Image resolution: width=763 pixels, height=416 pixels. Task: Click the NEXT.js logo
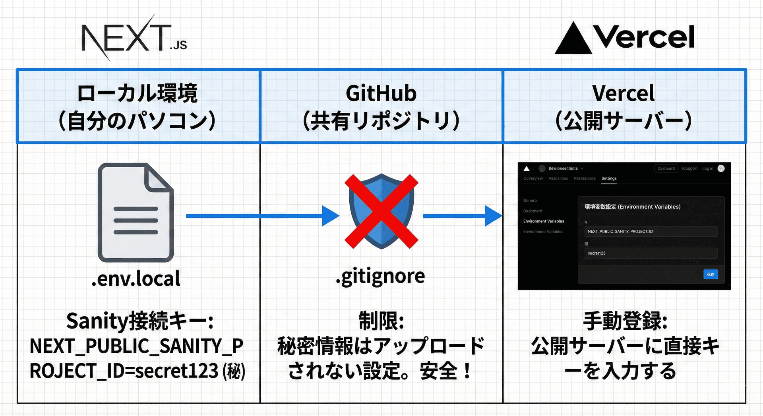click(x=134, y=38)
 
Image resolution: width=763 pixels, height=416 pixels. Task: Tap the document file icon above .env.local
click(x=136, y=212)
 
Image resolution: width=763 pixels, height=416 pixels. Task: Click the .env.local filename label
click(x=136, y=278)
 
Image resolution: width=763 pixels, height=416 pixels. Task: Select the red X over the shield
click(x=381, y=211)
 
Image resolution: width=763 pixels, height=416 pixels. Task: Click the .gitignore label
click(x=380, y=276)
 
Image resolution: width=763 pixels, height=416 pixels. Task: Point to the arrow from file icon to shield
click(x=262, y=216)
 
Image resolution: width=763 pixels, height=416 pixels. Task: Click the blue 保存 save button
click(x=711, y=274)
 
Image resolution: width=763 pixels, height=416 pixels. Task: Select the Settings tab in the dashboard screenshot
click(x=609, y=178)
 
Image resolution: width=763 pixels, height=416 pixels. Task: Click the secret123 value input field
click(x=651, y=253)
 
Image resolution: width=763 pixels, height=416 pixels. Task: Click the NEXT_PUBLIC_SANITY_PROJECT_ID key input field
click(x=651, y=231)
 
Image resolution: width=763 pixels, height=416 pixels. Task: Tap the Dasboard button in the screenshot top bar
click(x=666, y=168)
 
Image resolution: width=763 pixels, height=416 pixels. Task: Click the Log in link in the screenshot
click(x=707, y=168)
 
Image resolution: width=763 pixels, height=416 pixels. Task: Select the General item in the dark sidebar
click(x=530, y=201)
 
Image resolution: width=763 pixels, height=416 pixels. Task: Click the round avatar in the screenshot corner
click(x=721, y=168)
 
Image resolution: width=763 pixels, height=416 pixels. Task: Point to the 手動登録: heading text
click(x=625, y=321)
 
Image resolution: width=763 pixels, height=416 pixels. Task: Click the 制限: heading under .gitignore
click(x=381, y=321)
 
